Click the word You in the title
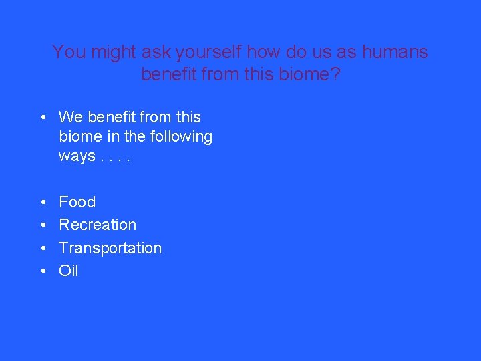coord(67,52)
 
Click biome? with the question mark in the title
coord(311,74)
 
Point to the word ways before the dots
coord(76,157)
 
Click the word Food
coord(77,202)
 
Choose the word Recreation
coord(98,225)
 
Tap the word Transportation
coord(110,248)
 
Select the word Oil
coord(69,271)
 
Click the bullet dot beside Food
coord(43,203)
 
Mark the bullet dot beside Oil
coord(43,271)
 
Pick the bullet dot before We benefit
coord(43,118)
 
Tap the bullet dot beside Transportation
coord(43,249)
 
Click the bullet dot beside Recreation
coord(43,225)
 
